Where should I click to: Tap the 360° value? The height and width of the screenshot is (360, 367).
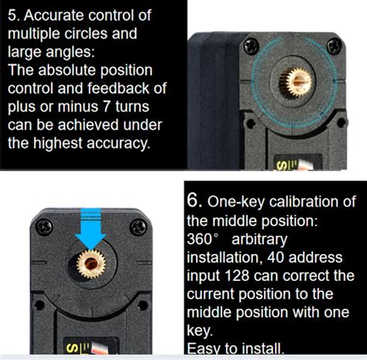coord(206,239)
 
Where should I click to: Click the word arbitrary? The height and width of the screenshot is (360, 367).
coord(263,239)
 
